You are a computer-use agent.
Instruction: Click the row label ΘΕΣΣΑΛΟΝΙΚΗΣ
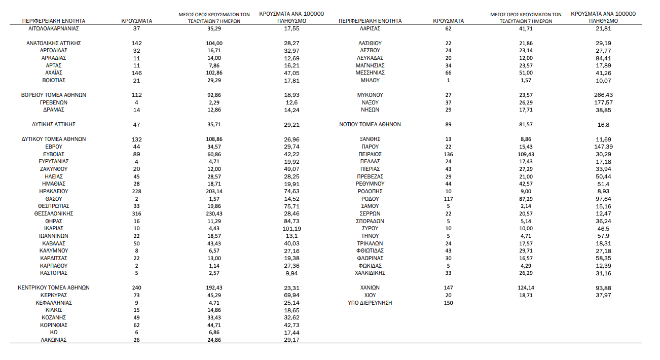click(54, 213)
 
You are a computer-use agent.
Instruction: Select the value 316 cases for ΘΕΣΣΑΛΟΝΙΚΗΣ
click(137, 213)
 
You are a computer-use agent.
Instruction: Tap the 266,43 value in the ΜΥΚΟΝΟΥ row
click(603, 95)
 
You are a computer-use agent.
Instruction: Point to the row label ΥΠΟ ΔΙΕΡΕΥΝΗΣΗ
click(370, 303)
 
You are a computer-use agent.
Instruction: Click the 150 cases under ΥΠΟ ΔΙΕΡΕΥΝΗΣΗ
click(449, 303)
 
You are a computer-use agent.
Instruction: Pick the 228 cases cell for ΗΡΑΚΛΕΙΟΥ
click(137, 191)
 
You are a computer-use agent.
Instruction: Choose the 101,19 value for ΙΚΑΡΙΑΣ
click(292, 229)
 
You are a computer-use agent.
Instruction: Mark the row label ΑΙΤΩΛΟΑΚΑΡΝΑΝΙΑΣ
click(54, 28)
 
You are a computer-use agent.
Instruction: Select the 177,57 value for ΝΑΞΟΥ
click(603, 102)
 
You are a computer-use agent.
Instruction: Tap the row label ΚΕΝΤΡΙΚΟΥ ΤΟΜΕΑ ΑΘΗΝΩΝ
click(54, 287)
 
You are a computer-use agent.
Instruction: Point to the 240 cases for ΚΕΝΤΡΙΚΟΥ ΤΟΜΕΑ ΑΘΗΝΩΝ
click(137, 287)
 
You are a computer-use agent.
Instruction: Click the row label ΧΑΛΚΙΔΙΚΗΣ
click(370, 273)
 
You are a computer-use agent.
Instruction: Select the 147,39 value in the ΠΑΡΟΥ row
click(603, 147)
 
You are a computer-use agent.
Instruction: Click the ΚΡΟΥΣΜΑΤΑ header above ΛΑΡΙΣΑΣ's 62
click(449, 21)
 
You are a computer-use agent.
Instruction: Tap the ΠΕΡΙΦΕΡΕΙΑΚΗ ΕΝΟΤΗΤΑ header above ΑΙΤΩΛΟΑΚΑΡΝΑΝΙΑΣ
click(54, 21)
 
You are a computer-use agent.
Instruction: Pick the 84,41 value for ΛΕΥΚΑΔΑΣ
click(603, 58)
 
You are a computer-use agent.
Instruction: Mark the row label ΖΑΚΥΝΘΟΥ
click(54, 169)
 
